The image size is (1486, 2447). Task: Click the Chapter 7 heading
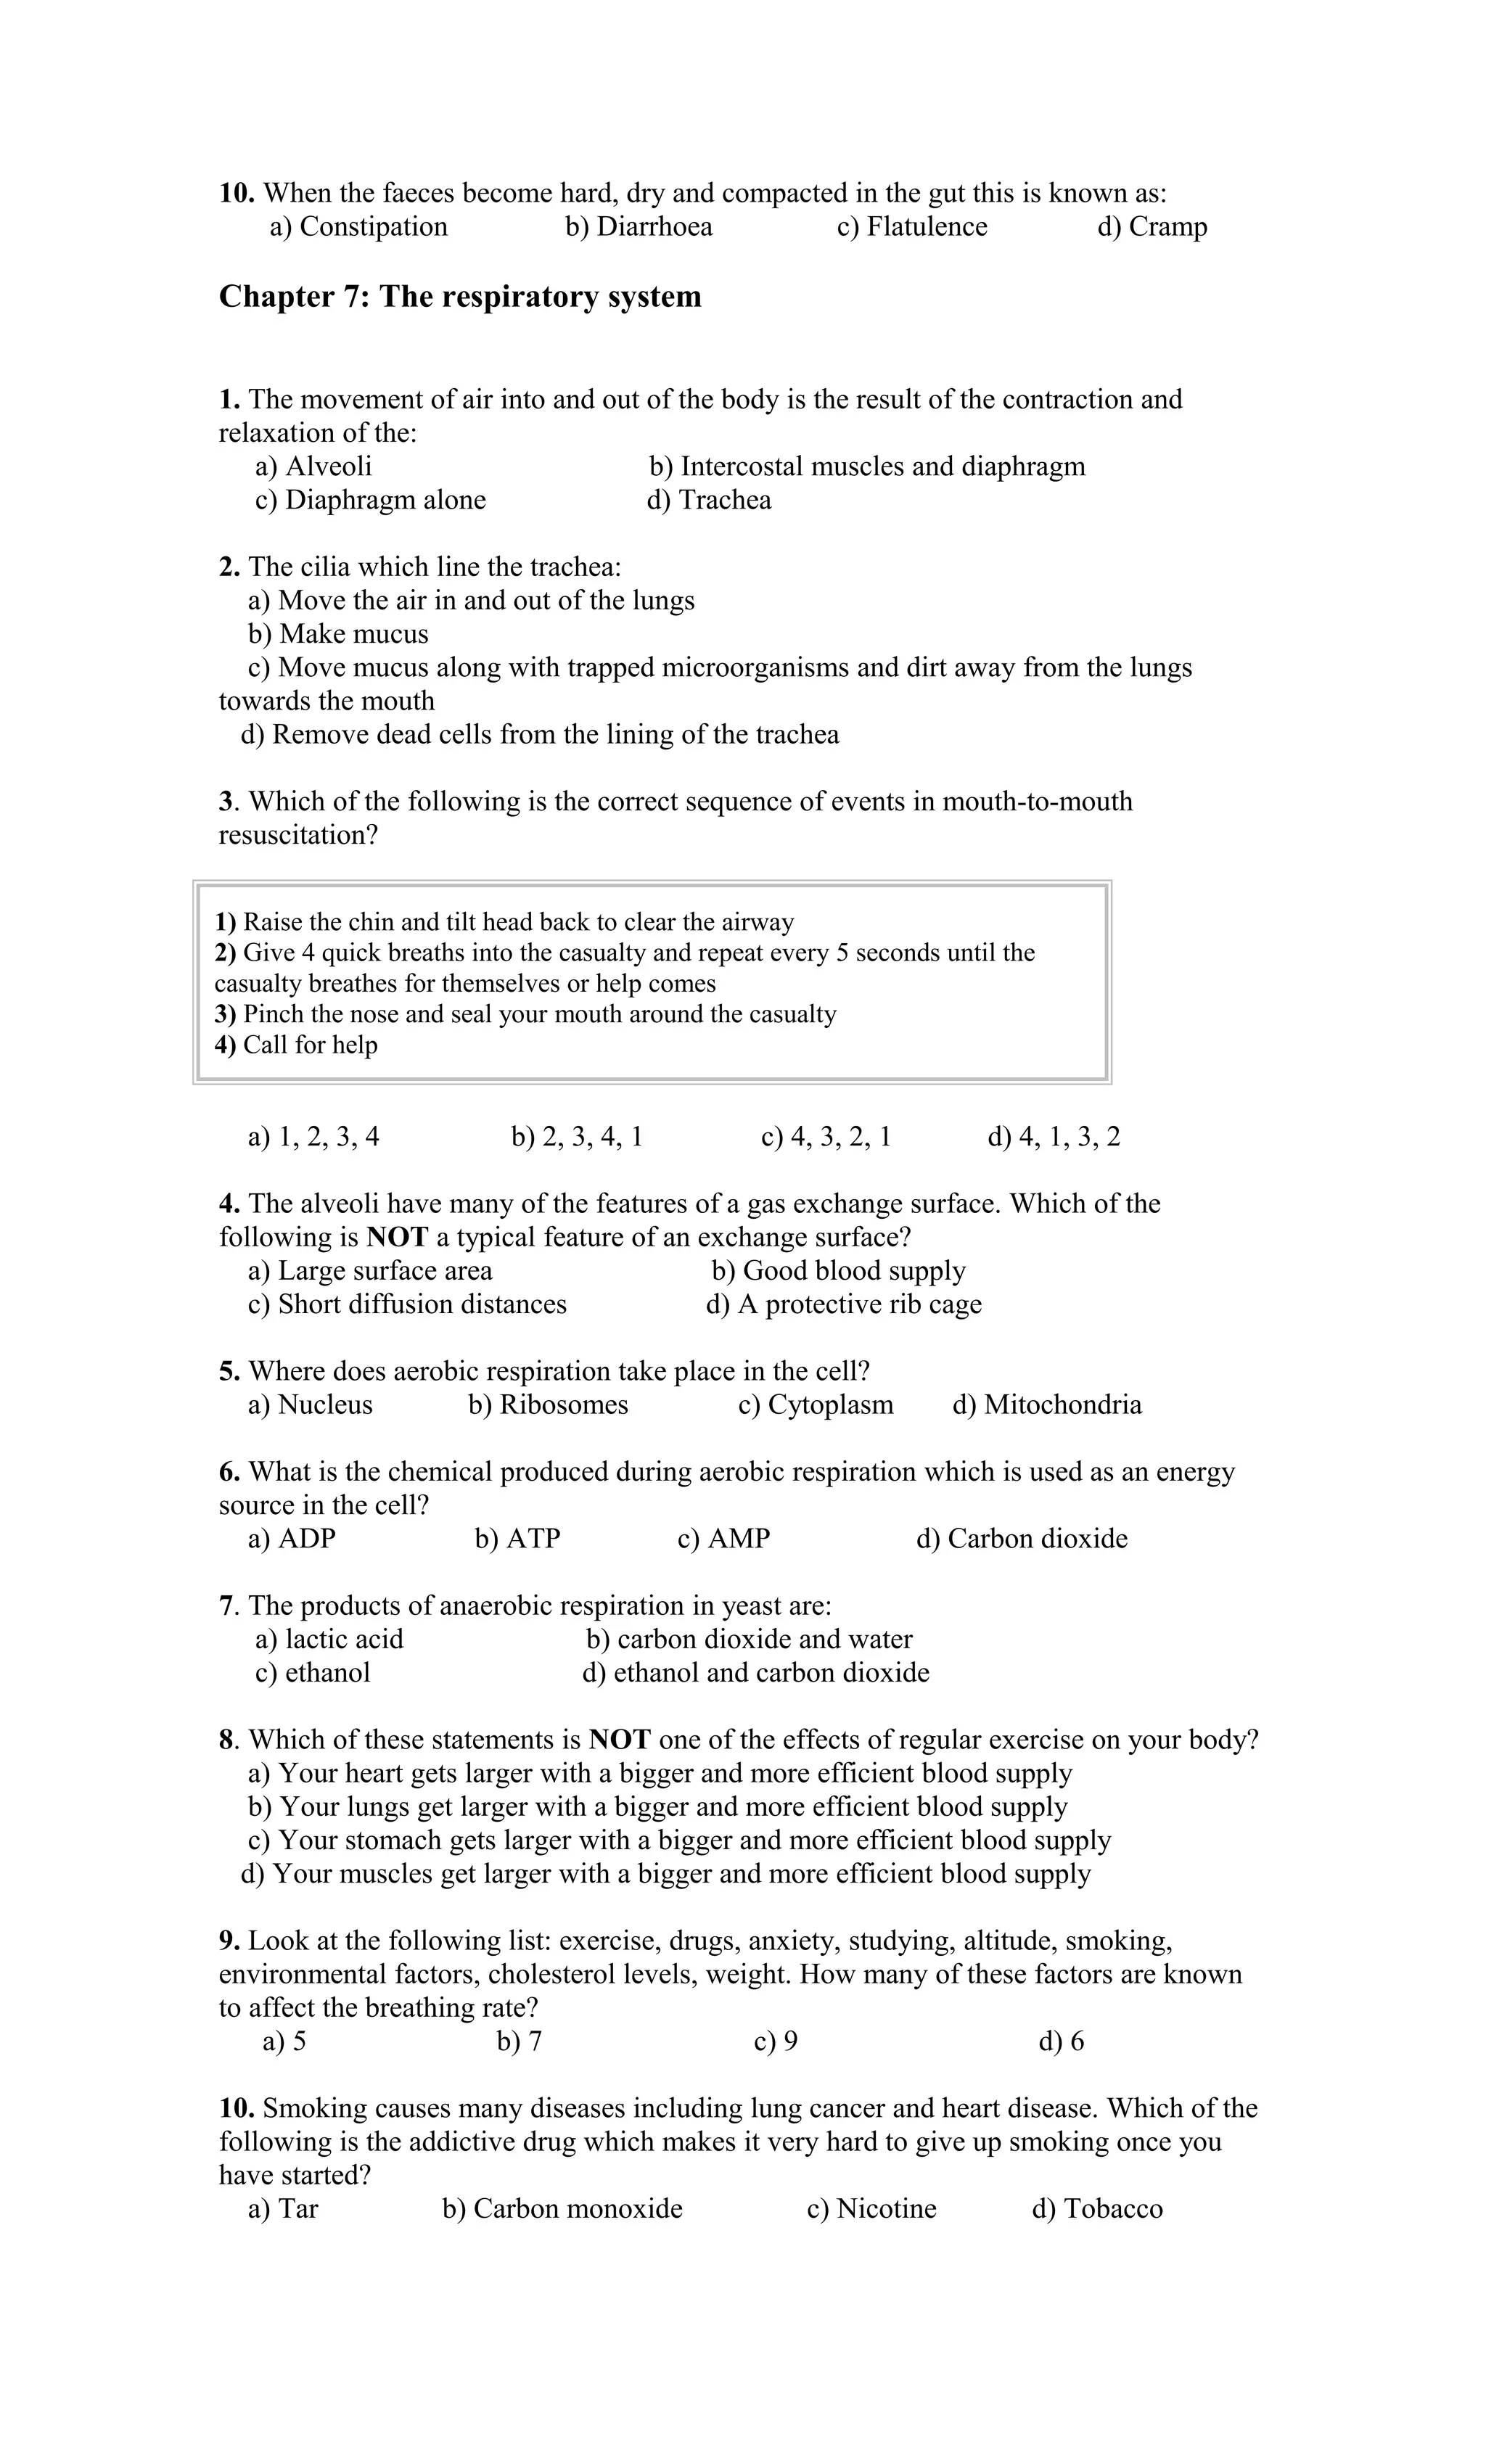pos(460,297)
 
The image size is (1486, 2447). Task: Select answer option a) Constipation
pos(358,227)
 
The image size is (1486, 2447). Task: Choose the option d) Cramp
pos(1152,227)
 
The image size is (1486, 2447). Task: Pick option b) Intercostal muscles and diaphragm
pos(866,466)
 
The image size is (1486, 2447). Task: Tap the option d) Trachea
pos(708,501)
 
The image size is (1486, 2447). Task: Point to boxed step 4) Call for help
pos(296,1045)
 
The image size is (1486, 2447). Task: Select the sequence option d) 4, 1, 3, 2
pos(1053,1137)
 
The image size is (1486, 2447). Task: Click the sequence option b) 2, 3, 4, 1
pos(577,1137)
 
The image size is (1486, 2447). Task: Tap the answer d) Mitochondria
pos(1047,1405)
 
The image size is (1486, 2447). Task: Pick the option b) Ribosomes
pos(549,1405)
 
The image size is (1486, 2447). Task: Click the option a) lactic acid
pos(329,1640)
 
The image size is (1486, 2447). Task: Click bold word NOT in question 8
pos(619,1740)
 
